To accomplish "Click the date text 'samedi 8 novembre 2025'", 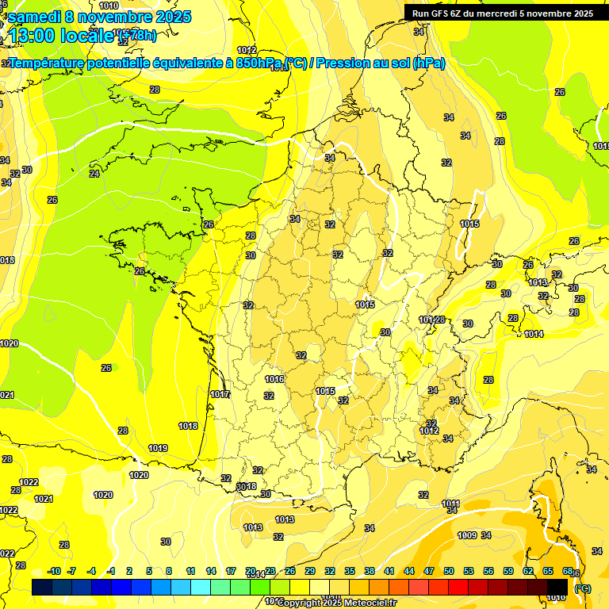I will pos(99,17).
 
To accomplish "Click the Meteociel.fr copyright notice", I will pos(336,603).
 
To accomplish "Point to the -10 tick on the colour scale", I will pos(54,571).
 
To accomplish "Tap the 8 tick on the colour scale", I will pos(169,571).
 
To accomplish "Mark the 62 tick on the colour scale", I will pos(528,571).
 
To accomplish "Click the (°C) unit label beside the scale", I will pos(582,588).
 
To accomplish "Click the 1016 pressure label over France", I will pos(274,380).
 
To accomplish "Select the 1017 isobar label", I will pos(220,394).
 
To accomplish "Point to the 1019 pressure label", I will pos(158,448).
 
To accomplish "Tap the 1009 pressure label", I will pos(467,535).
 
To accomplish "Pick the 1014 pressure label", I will pos(534,334).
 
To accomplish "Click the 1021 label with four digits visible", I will pos(44,499).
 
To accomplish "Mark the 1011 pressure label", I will pos(451,504).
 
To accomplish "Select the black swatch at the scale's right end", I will pos(557,587).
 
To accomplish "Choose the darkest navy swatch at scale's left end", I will pos(42,587).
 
